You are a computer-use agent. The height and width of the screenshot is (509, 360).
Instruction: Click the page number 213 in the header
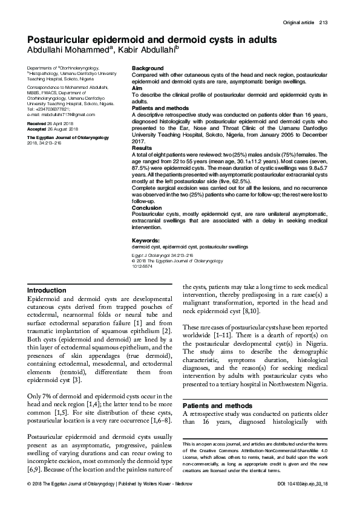pos(322,23)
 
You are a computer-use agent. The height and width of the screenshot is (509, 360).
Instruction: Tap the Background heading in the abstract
pos(148,68)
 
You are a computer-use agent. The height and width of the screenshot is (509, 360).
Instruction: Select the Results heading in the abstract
pos(142,148)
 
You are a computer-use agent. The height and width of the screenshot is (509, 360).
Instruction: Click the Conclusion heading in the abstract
pos(147,207)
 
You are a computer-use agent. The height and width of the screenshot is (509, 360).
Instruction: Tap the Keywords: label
pos(146,241)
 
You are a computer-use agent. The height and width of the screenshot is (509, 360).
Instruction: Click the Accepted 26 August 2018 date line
pos(54,129)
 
